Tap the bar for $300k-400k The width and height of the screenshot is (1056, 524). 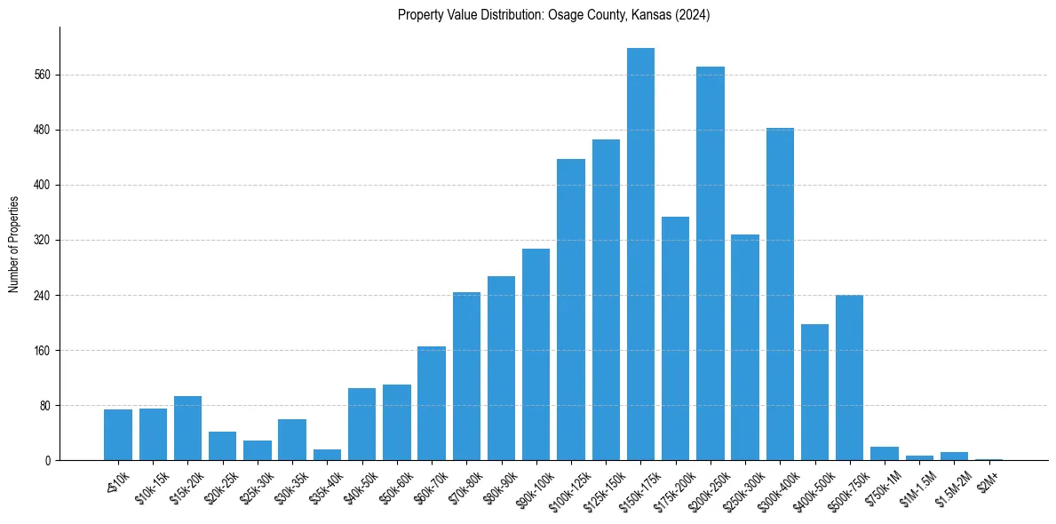click(x=780, y=294)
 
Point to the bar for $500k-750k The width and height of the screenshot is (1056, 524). click(x=849, y=377)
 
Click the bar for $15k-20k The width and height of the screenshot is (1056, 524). click(x=187, y=428)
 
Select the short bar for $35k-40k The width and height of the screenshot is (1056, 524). click(x=327, y=455)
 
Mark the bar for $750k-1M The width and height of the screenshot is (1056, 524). click(x=885, y=454)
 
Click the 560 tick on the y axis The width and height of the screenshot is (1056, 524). click(x=42, y=75)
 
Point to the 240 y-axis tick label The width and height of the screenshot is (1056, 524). click(x=42, y=296)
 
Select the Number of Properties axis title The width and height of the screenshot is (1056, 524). click(x=13, y=243)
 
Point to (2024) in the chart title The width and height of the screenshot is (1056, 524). click(x=692, y=15)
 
